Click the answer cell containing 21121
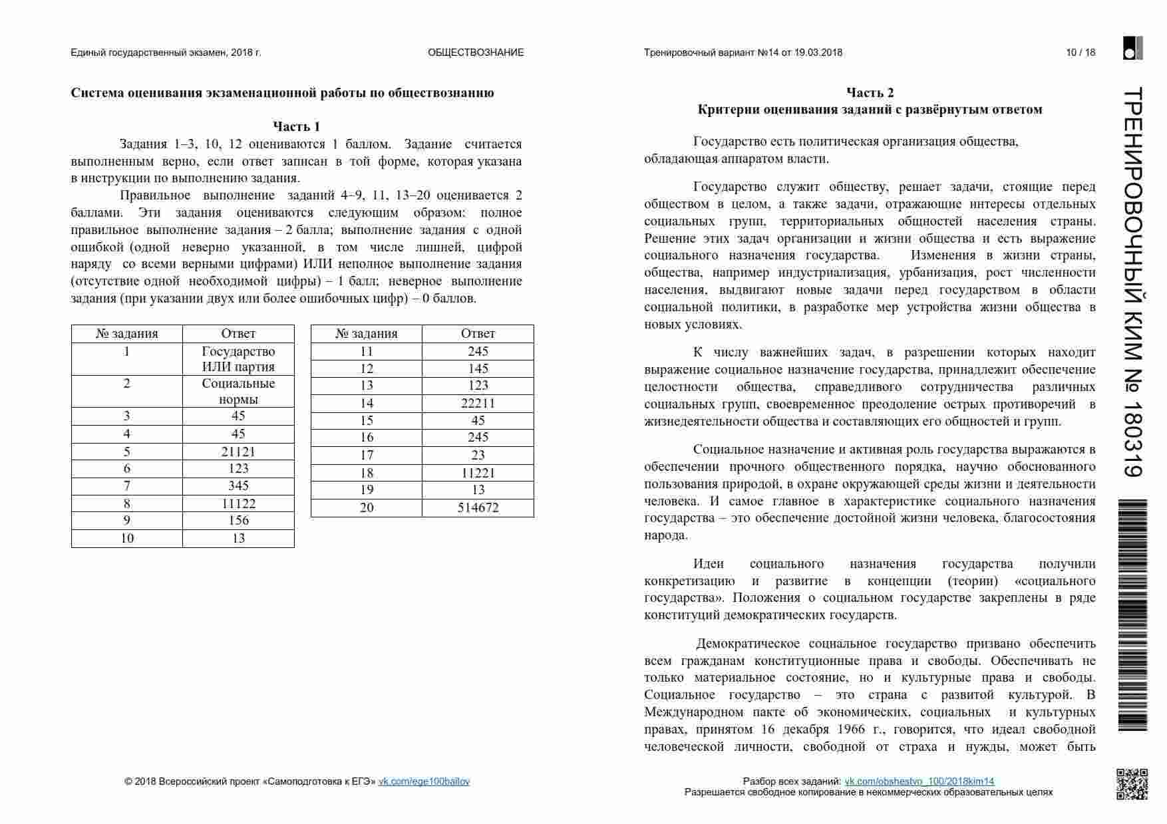[x=238, y=452]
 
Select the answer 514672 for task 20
[x=478, y=507]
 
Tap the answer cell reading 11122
[x=238, y=503]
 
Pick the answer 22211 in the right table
[x=478, y=403]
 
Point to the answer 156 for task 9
[x=238, y=520]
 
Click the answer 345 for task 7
[x=238, y=485]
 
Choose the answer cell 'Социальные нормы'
[x=238, y=391]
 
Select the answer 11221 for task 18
[x=478, y=473]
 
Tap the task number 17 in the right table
[x=367, y=455]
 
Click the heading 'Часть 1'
[x=297, y=126]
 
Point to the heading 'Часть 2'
[x=870, y=92]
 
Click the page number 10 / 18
[x=1081, y=53]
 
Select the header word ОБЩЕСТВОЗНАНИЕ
[x=476, y=53]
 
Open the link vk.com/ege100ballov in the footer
[x=424, y=781]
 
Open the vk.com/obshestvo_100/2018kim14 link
[x=919, y=781]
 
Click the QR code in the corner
[x=1132, y=784]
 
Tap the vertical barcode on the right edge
[x=1132, y=615]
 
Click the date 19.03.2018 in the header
[x=818, y=53]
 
